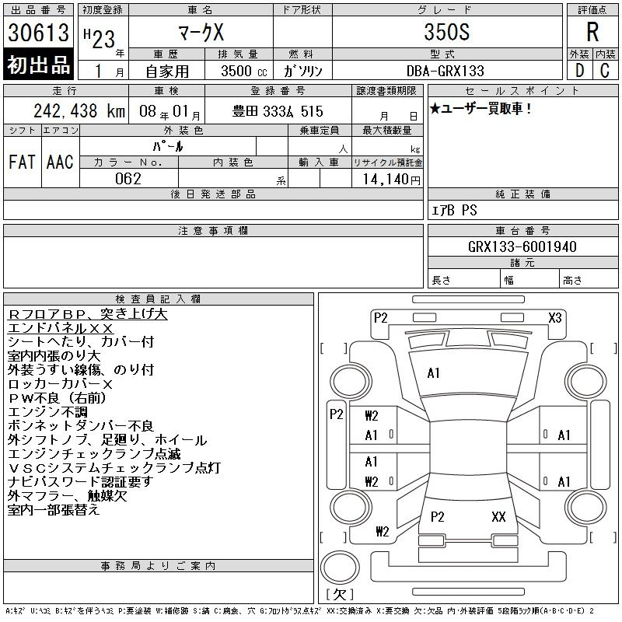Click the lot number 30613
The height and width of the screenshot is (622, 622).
point(38,33)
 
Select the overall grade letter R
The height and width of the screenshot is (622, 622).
point(592,32)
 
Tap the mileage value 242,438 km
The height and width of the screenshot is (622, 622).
point(79,111)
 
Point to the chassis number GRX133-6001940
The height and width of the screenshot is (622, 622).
point(522,246)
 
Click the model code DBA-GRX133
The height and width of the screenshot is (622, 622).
point(445,71)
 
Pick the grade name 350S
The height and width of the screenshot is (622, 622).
point(446,32)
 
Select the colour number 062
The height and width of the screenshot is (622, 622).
point(128,179)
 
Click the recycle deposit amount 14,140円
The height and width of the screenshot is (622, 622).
point(392,180)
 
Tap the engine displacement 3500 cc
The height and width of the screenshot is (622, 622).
point(244,71)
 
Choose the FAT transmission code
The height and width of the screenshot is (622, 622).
point(22,162)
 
